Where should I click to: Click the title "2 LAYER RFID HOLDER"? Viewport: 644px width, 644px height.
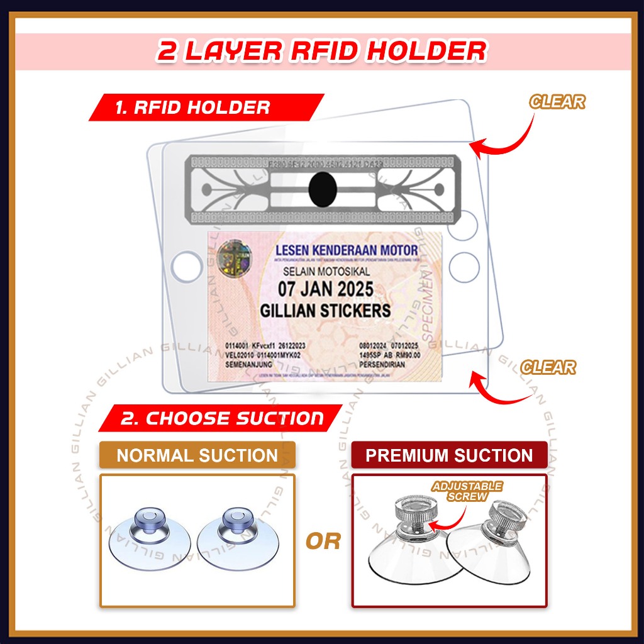coord(321,52)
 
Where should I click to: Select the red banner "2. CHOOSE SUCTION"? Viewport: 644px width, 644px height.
coord(223,418)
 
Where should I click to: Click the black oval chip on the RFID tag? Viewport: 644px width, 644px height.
coord(323,189)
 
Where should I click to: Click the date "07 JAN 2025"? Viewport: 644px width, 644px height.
coord(325,290)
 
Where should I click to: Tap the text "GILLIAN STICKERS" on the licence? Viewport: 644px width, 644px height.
coord(325,310)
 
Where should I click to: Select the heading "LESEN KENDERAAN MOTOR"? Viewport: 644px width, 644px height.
coord(346,252)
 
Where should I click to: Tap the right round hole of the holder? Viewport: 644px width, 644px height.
coord(464,265)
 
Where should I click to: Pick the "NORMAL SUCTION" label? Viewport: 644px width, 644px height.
coord(197,455)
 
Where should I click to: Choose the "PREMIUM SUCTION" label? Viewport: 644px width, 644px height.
coord(448,455)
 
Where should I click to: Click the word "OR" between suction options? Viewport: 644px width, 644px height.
coord(323,540)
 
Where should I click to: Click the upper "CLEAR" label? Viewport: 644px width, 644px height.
coord(557,101)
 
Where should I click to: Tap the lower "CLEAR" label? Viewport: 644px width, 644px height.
coord(548,367)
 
